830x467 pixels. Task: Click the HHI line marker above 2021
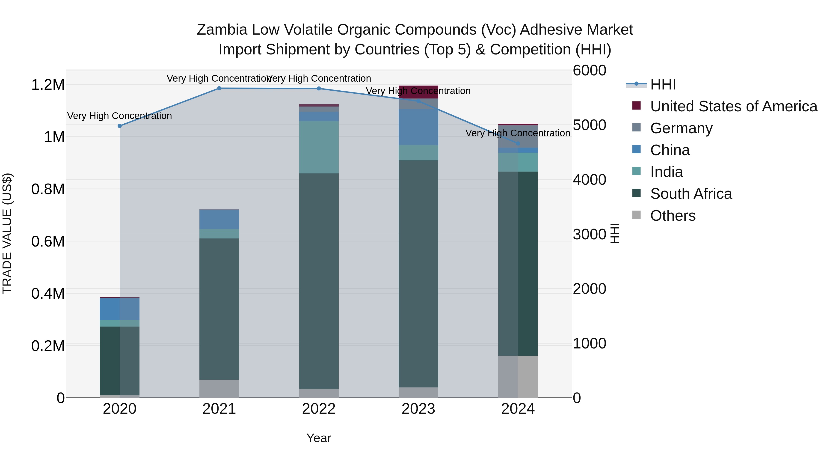coord(219,88)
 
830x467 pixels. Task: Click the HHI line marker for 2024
coord(518,143)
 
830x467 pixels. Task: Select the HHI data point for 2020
coord(119,126)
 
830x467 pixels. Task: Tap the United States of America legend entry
coord(733,106)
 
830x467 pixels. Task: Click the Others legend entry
coord(673,216)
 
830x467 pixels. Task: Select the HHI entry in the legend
coord(663,84)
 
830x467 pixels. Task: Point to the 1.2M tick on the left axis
coord(48,85)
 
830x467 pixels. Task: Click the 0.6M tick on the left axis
coord(48,241)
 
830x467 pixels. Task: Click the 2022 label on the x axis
coord(319,409)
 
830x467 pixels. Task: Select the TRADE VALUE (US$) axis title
coord(7,233)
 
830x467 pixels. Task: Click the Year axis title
coord(319,438)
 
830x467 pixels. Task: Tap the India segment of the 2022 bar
coord(319,147)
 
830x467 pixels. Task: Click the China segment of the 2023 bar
coord(418,127)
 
